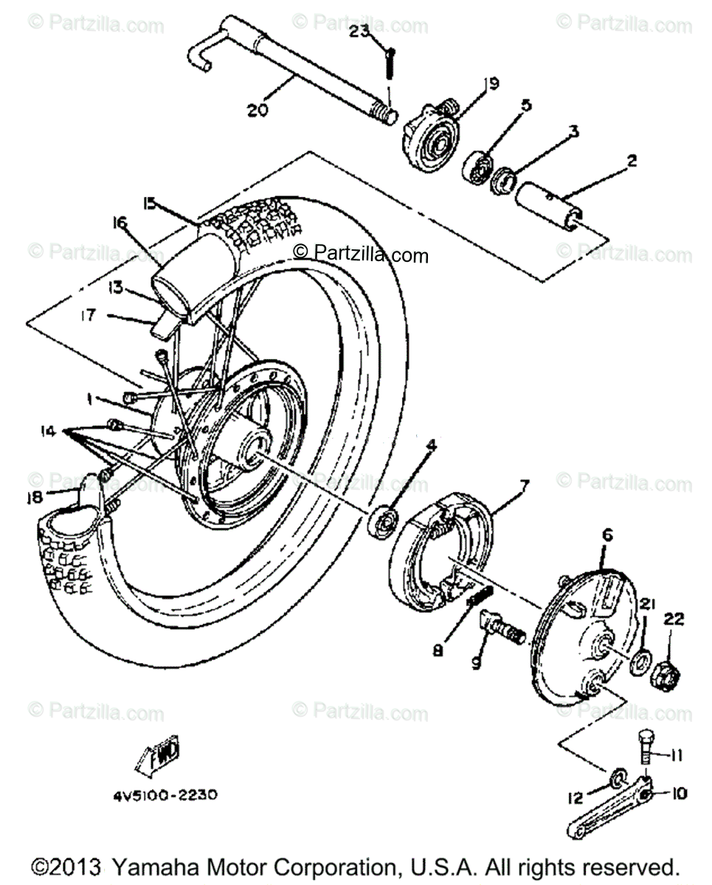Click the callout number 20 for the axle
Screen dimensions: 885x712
pos(259,110)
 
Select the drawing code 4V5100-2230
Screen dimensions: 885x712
pos(166,796)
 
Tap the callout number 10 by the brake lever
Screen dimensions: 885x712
pos(679,794)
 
